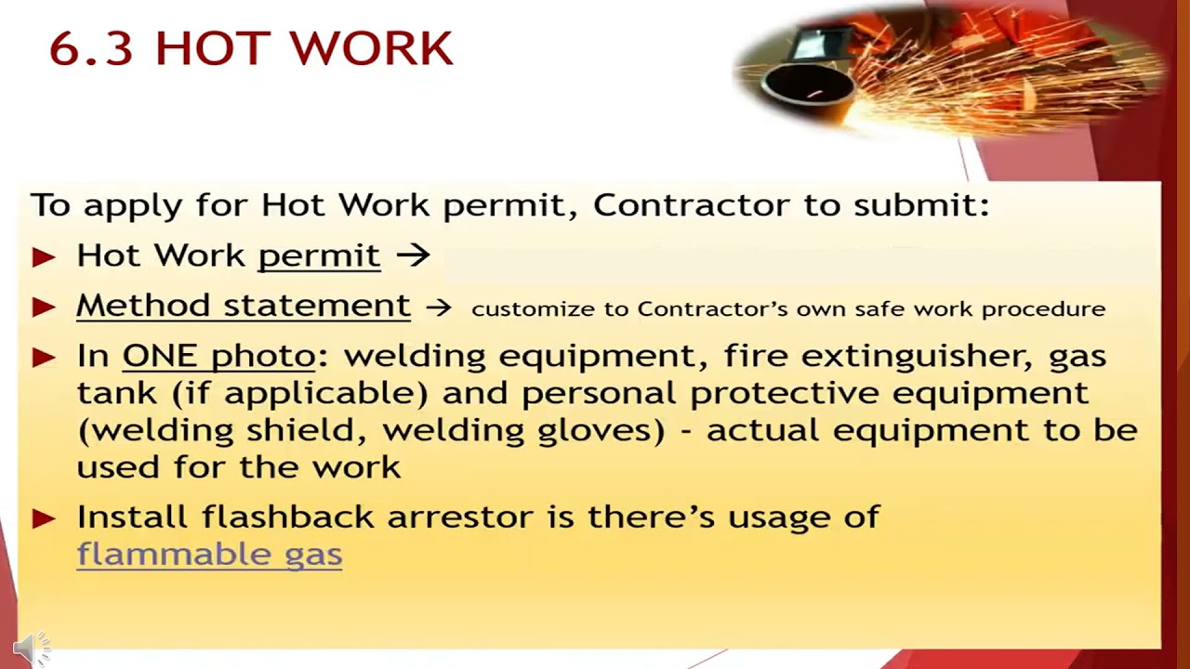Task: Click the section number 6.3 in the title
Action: click(91, 48)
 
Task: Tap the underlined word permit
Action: click(319, 256)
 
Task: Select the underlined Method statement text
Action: click(243, 306)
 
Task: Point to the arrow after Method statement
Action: click(439, 308)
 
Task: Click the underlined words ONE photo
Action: click(219, 356)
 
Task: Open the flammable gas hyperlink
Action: click(209, 555)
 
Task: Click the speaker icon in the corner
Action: click(30, 648)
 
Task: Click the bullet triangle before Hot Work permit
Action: click(44, 257)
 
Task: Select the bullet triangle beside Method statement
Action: click(44, 308)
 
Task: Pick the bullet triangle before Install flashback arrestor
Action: click(44, 518)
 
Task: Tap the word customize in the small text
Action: click(526, 308)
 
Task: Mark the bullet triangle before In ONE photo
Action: click(44, 358)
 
